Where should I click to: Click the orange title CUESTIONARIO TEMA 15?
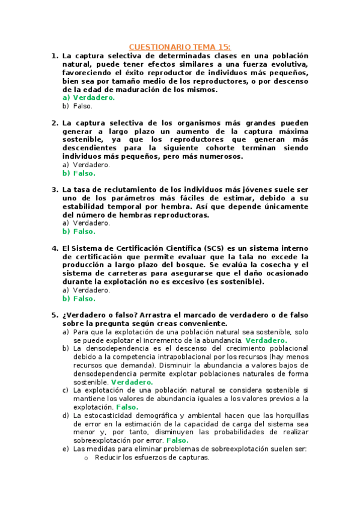tap(180, 46)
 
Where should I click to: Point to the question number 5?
tap(54, 315)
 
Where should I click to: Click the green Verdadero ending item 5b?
tap(132, 382)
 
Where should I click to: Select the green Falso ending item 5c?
tap(127, 407)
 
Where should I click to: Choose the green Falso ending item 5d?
tap(177, 440)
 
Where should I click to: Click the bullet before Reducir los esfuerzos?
tap(87, 458)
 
